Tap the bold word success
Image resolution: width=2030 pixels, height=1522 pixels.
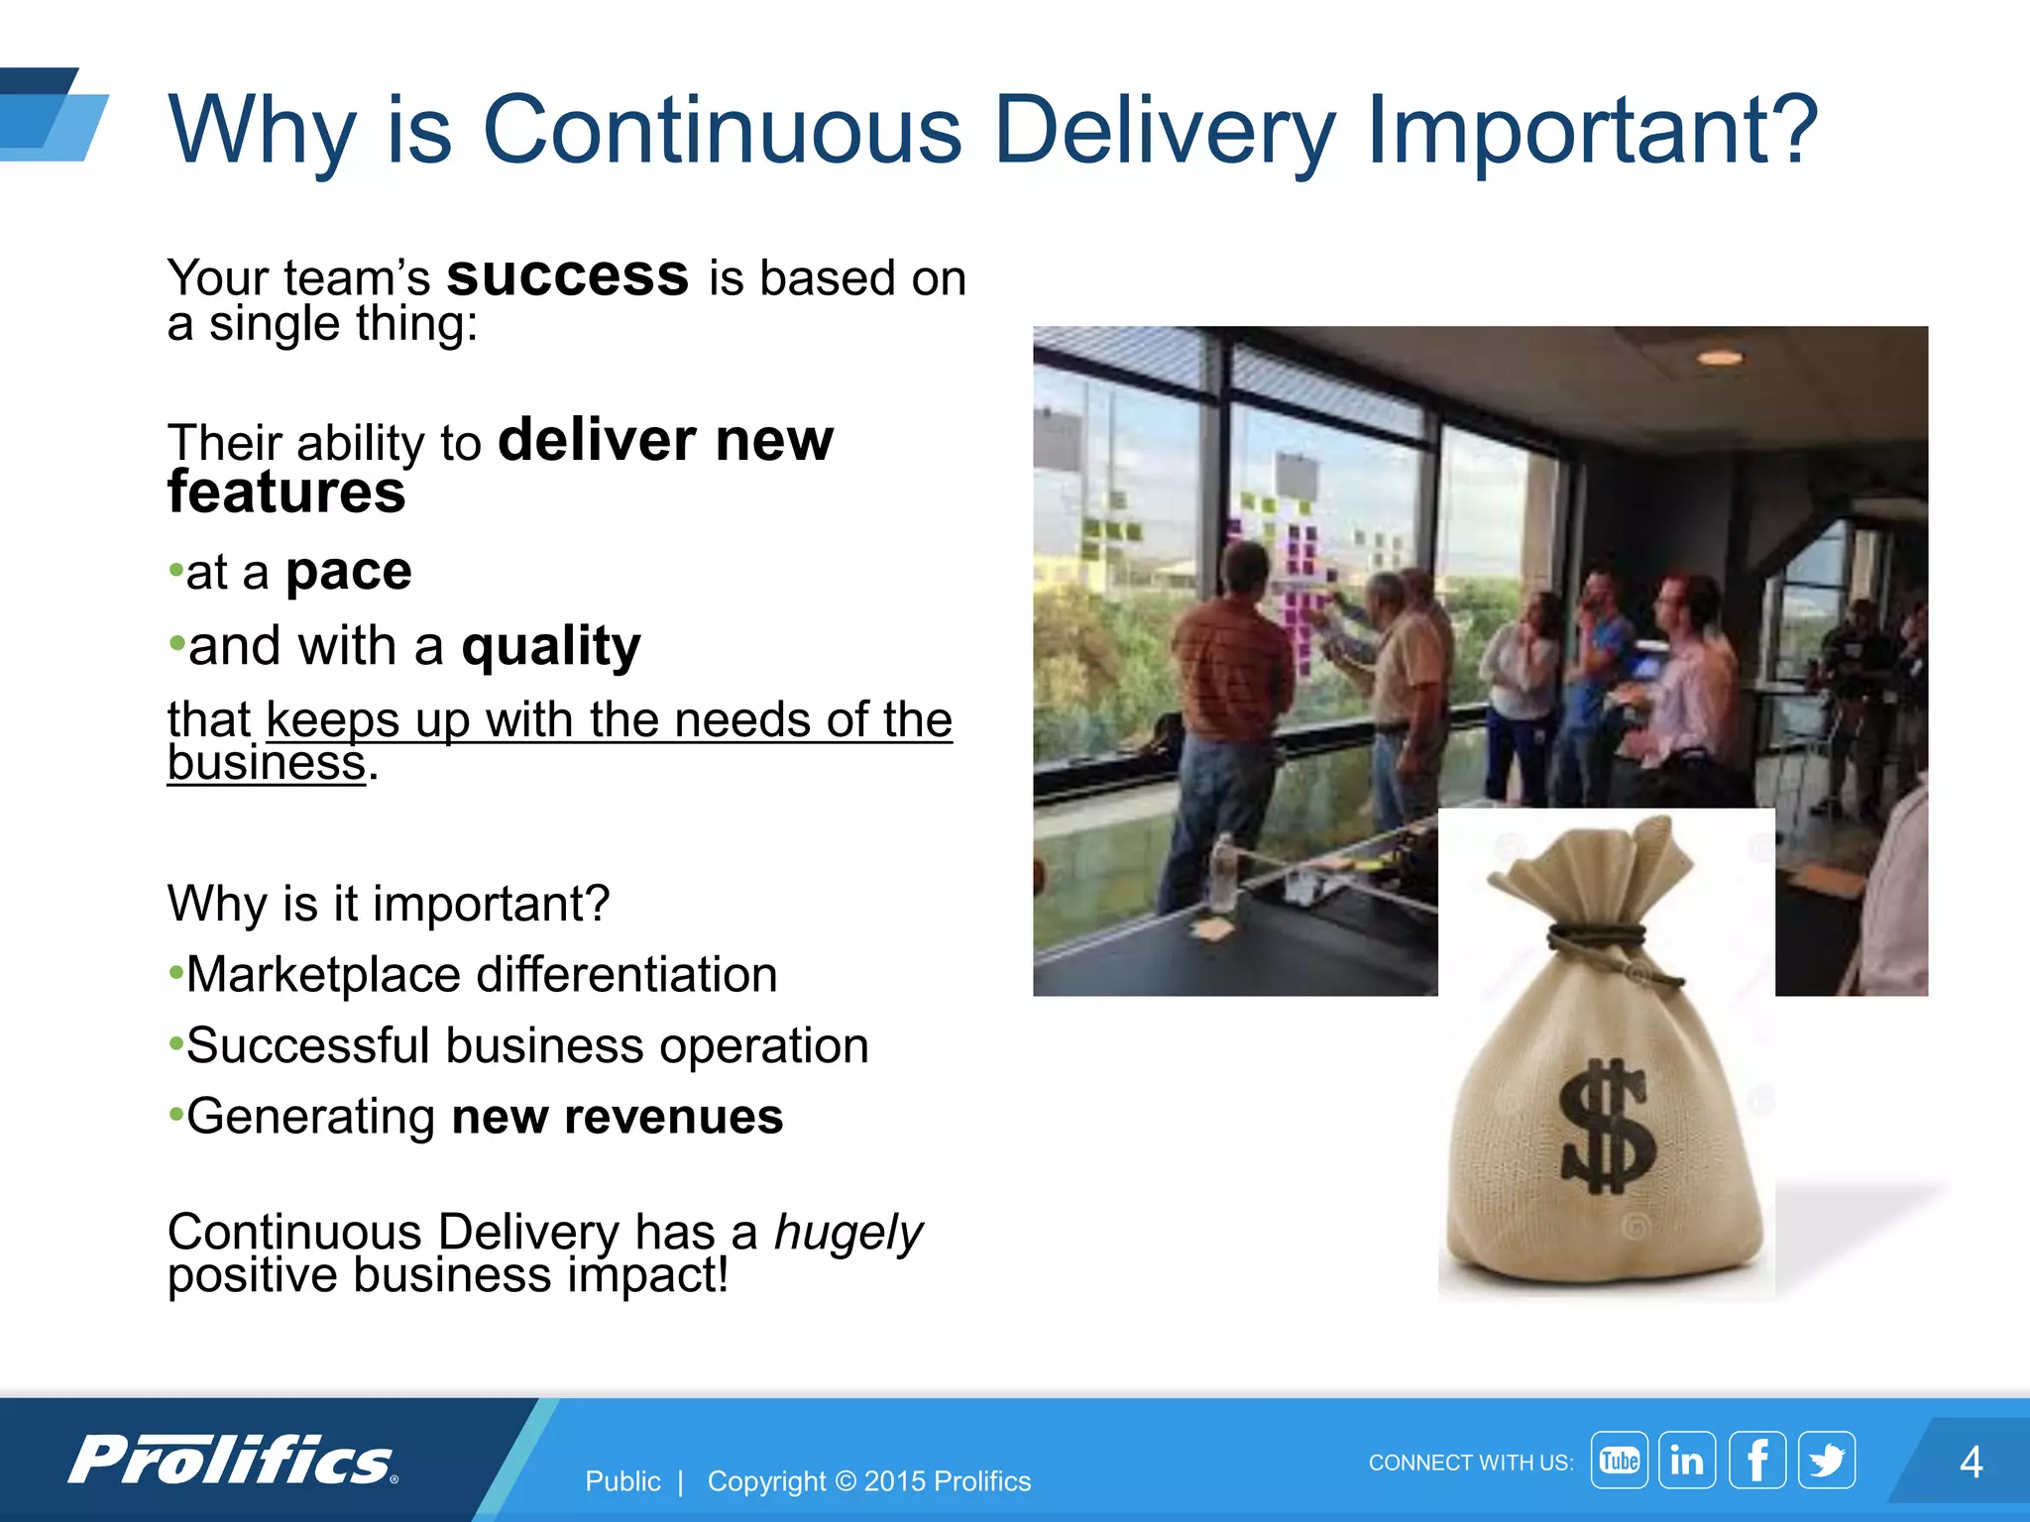coord(567,275)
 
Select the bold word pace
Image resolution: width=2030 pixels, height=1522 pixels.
coord(349,572)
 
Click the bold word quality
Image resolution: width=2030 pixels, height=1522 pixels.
coord(551,646)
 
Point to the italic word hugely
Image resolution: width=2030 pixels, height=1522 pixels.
coord(847,1232)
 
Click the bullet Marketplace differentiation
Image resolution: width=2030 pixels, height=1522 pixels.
coord(481,974)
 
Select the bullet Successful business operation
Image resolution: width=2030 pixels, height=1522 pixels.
coord(526,1045)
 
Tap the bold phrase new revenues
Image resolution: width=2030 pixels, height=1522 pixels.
coord(617,1117)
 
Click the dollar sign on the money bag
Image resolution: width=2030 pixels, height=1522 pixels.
coord(1606,1127)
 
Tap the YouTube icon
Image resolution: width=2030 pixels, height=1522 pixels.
coord(1619,1460)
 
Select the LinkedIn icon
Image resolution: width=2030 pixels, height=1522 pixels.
coord(1687,1460)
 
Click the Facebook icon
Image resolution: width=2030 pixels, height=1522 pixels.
coord(1756,1460)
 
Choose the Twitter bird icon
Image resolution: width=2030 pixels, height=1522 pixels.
coord(1826,1460)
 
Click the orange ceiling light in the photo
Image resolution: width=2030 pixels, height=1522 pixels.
coord(1720,358)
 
